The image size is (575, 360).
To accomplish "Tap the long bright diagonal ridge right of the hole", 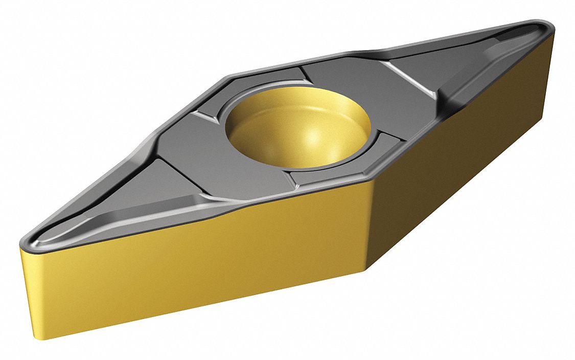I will (409, 79).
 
